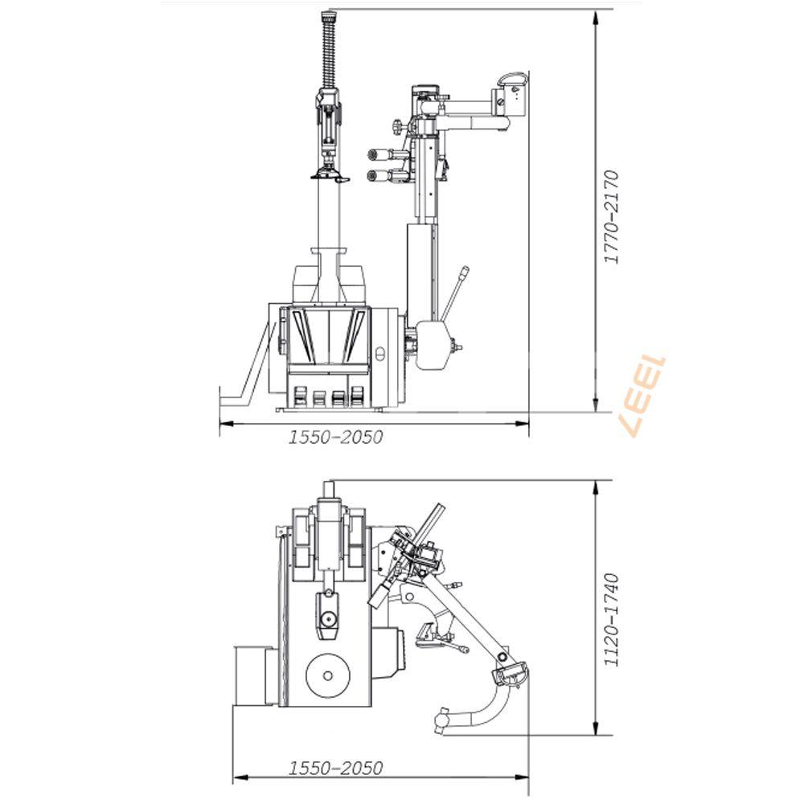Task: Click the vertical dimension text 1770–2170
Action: coord(611,217)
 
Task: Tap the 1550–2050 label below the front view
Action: coord(336,437)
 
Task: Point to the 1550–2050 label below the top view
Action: coord(336,768)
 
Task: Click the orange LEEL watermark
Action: coord(644,396)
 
